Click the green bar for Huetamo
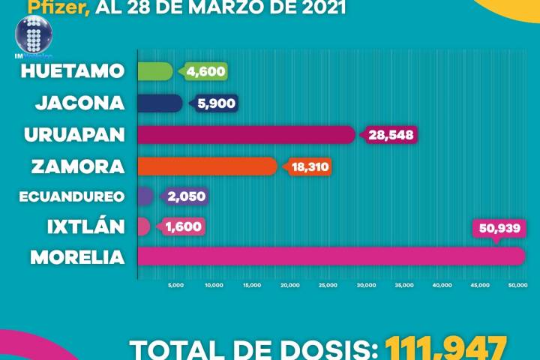click(x=155, y=71)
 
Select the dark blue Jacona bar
click(x=160, y=103)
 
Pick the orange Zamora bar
click(x=207, y=166)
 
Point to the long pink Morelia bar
click(x=330, y=256)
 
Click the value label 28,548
click(x=391, y=135)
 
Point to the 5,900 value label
click(x=214, y=103)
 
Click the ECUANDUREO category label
click(x=82, y=196)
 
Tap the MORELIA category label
click(x=77, y=257)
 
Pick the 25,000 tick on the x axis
click(x=328, y=285)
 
